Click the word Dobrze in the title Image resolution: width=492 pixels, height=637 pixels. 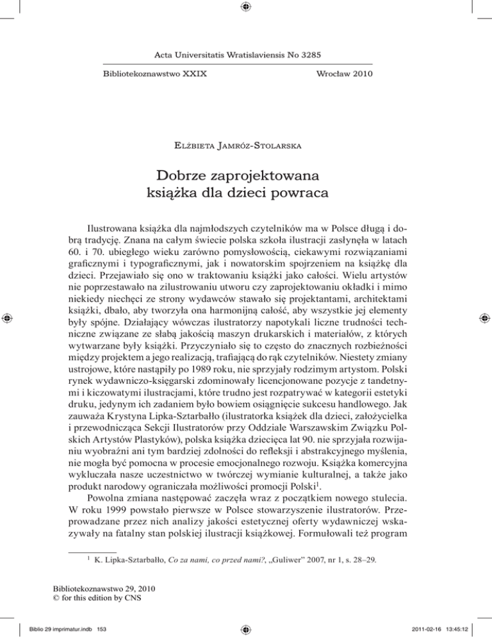tap(190, 174)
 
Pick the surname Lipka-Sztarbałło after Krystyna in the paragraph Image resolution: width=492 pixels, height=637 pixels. tap(187, 417)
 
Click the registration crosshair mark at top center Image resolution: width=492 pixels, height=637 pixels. tap(246, 8)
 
